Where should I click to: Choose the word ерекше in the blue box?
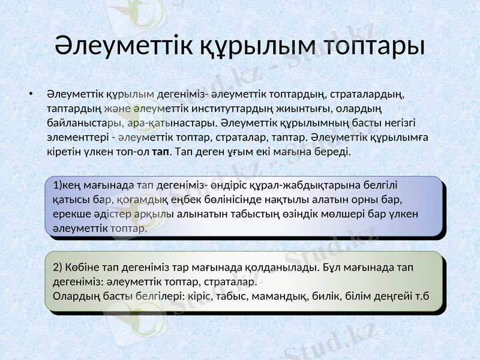71,213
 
